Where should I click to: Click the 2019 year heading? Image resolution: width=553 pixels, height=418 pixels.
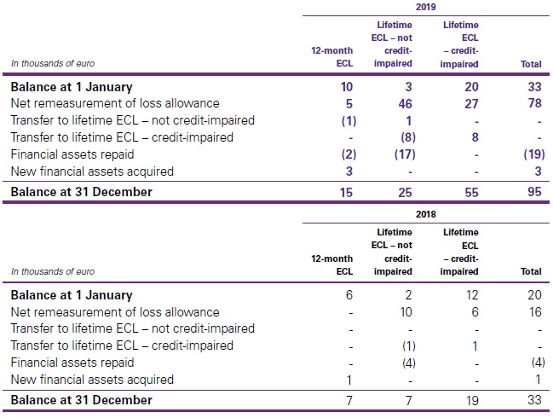click(425, 6)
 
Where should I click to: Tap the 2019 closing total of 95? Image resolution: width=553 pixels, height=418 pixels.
click(533, 192)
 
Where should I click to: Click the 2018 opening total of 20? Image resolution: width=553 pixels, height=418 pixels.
click(533, 295)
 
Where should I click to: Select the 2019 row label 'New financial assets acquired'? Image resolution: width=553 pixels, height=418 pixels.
click(92, 171)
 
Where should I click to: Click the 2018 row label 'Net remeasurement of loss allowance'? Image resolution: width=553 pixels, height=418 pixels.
click(114, 312)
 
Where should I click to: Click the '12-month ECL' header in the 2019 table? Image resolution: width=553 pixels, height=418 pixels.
click(331, 56)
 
